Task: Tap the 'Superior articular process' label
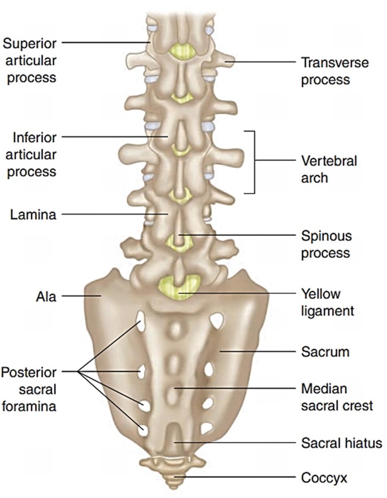29,59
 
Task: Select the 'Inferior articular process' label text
32,154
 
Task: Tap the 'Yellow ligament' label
328,302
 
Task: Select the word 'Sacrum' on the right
325,352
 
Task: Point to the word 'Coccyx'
324,478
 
